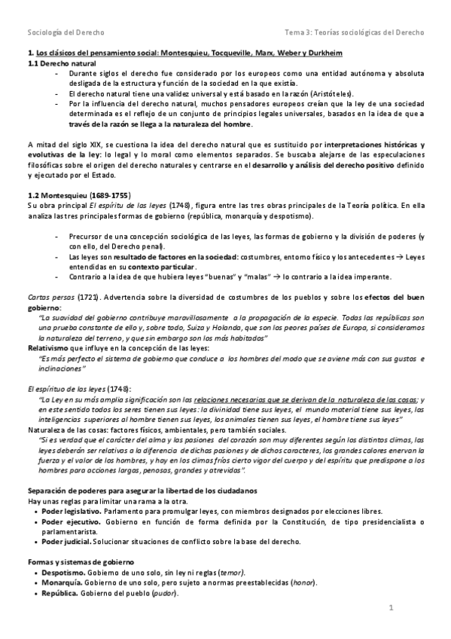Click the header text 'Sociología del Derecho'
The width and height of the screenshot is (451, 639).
[66, 32]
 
